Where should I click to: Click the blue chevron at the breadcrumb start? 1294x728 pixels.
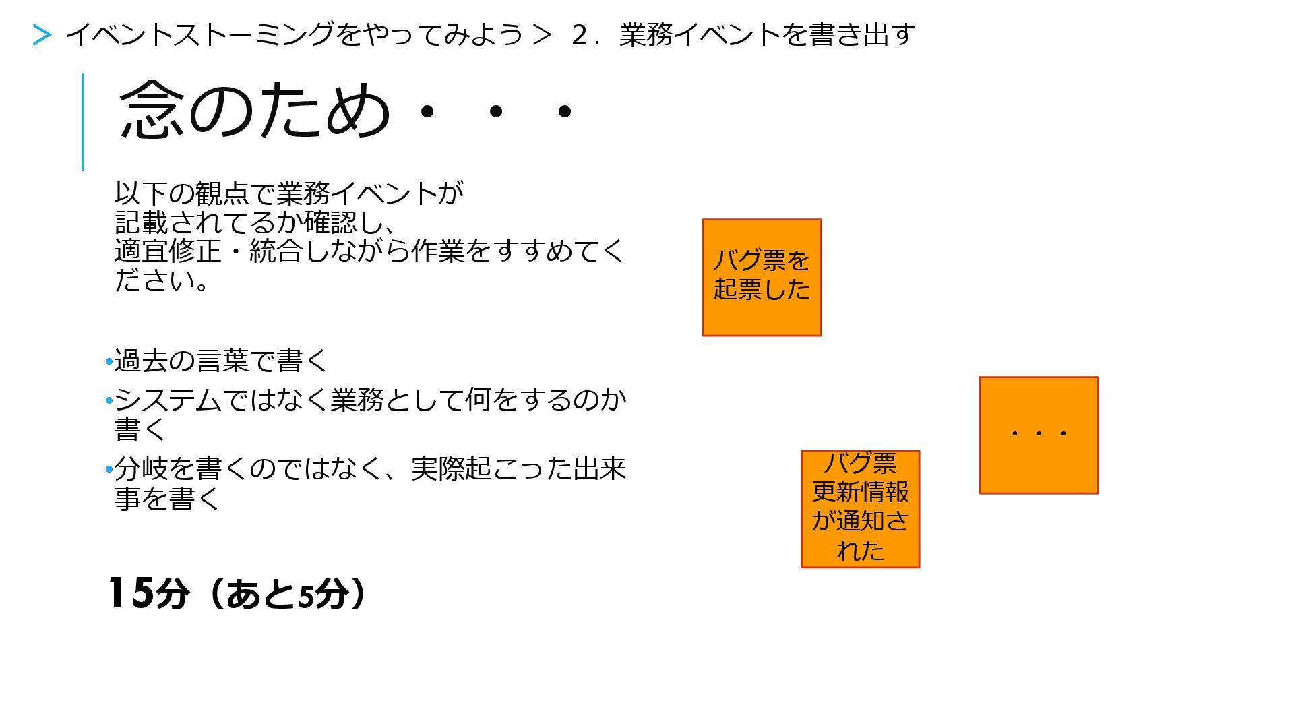[42, 35]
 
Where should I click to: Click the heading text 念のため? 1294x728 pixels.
[254, 110]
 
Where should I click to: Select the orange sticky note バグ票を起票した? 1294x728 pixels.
[762, 277]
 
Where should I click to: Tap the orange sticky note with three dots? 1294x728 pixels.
[1039, 435]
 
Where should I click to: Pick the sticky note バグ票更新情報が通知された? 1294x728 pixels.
[860, 509]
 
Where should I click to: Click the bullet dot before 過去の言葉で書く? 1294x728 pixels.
[109, 362]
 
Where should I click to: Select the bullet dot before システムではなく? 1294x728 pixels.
[109, 401]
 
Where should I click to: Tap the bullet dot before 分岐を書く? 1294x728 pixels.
[109, 469]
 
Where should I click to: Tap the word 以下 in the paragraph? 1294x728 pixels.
[140, 193]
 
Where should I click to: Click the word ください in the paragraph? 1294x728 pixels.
[155, 280]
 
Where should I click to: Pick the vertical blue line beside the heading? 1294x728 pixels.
[83, 122]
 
